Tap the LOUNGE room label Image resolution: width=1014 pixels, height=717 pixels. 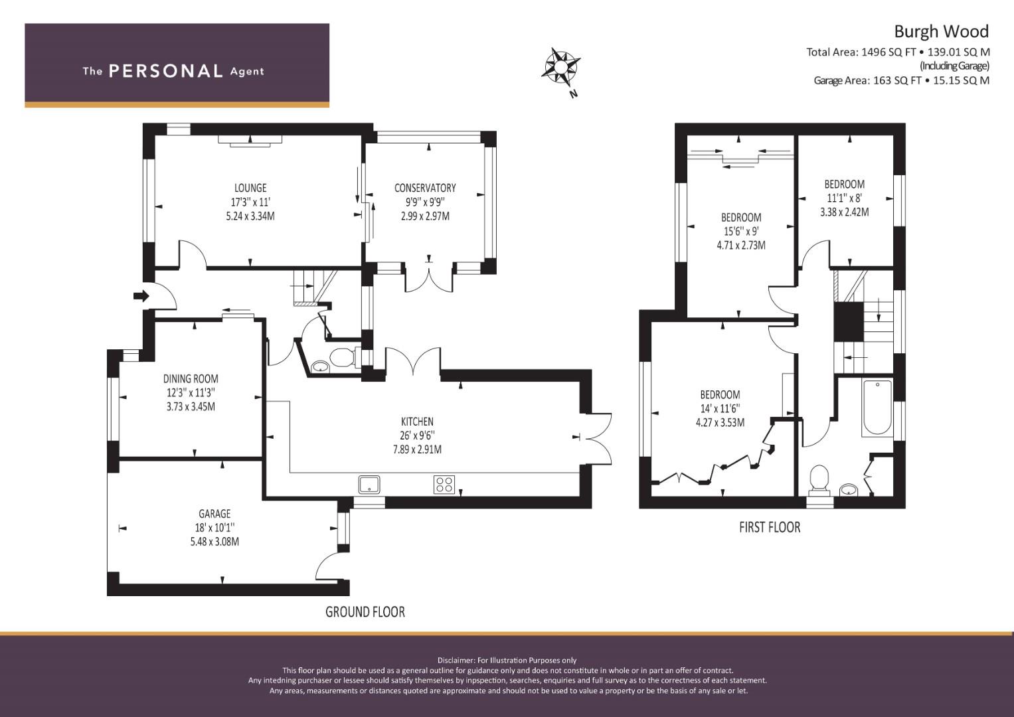[x=250, y=188]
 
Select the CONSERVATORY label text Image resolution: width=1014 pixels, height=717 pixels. [x=425, y=188]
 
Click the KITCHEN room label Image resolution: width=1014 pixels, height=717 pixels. [x=417, y=422]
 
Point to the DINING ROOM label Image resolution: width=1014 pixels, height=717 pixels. [x=191, y=379]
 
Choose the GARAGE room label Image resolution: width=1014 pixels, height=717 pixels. [x=214, y=514]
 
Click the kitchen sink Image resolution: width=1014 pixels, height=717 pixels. [x=369, y=485]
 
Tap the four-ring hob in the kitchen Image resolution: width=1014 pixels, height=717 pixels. [x=444, y=485]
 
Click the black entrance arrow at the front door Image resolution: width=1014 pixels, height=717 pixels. [x=141, y=297]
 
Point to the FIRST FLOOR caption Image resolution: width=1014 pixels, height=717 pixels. [x=770, y=527]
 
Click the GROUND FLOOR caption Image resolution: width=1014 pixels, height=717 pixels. [x=365, y=612]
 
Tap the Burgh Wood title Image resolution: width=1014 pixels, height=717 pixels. [x=942, y=32]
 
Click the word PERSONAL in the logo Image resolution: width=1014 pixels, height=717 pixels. [x=166, y=71]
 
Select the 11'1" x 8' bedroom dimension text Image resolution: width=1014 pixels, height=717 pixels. [x=844, y=199]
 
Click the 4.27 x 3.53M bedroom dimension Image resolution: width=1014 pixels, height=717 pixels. [x=720, y=423]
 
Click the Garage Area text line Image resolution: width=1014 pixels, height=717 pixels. [x=901, y=80]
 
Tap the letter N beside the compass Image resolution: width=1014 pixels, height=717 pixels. [x=574, y=94]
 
